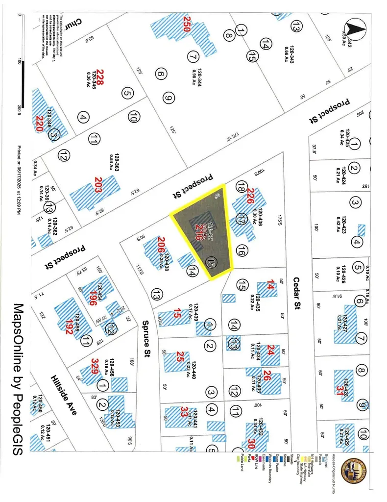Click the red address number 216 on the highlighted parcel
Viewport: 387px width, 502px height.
pos(198,231)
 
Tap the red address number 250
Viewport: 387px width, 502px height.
pos(186,23)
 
